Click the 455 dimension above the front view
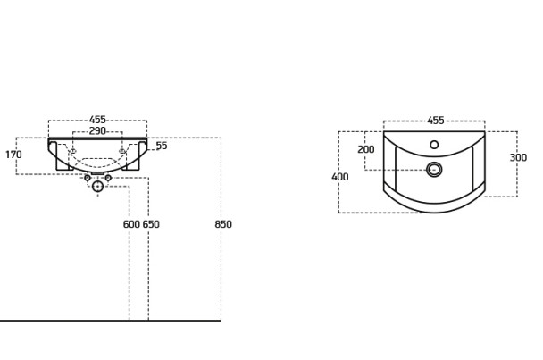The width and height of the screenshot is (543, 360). pyautogui.click(x=97, y=120)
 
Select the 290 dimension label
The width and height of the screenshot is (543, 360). pyautogui.click(x=97, y=131)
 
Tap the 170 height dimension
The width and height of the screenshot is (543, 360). pyautogui.click(x=14, y=155)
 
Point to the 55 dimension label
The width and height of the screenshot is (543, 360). pyautogui.click(x=162, y=146)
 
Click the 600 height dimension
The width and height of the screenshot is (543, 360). pyautogui.click(x=131, y=224)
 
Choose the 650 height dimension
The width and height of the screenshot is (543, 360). pyautogui.click(x=151, y=224)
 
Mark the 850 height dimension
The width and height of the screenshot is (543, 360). pyautogui.click(x=223, y=224)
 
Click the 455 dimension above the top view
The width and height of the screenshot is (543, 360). pyautogui.click(x=436, y=121)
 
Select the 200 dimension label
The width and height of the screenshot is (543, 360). pyautogui.click(x=366, y=149)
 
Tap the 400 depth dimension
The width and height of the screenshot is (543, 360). pyautogui.click(x=340, y=177)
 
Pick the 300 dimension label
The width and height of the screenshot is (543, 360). pyautogui.click(x=518, y=157)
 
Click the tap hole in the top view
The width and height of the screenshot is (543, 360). pyautogui.click(x=434, y=145)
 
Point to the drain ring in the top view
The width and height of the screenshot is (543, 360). pyautogui.click(x=434, y=170)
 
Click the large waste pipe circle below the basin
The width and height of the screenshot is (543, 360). pyautogui.click(x=97, y=187)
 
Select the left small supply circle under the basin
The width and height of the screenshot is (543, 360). pyautogui.click(x=88, y=178)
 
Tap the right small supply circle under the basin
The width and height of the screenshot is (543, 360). pyautogui.click(x=108, y=178)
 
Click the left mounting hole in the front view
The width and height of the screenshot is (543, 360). pyautogui.click(x=73, y=151)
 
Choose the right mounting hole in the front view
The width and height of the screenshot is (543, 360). pyautogui.click(x=121, y=151)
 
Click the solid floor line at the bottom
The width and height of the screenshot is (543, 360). pyautogui.click(x=111, y=321)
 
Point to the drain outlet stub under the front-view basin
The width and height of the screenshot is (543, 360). pyautogui.click(x=97, y=173)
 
